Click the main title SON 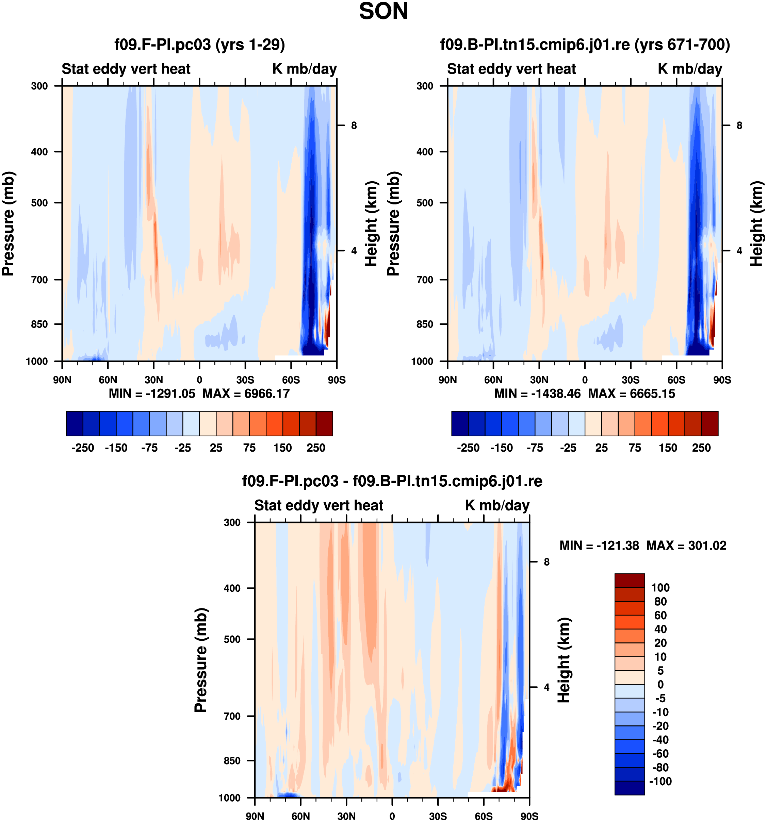pos(383,11)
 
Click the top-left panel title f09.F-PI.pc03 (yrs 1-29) pos(199,44)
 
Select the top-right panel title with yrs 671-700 pos(585,44)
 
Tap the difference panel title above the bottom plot pos(392,481)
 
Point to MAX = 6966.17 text pos(246,393)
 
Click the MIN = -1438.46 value pos(537,393)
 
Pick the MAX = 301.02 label pos(686,546)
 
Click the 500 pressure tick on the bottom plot pos(232,639)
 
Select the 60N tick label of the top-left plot pos(108,380)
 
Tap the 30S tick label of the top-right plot pos(631,380)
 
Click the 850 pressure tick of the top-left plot pos(39,324)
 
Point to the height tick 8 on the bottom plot pos(546,562)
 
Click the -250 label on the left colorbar pos(83,448)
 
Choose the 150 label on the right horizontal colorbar pos(668,448)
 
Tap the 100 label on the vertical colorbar pos(660,588)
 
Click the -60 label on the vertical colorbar pos(660,753)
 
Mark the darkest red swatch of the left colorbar pos(324,423)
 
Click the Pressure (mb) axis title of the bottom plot pos(201,660)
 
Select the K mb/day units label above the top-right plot pos(690,69)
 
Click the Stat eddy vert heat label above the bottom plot pos(319,505)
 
